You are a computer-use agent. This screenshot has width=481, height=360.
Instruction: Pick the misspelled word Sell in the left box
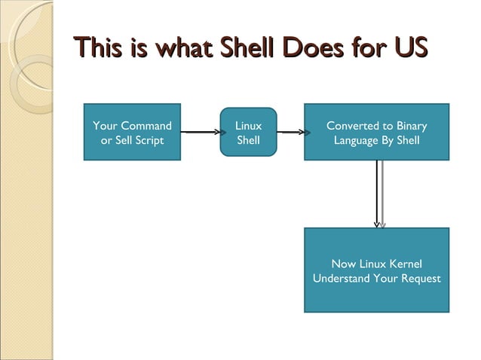click(x=120, y=140)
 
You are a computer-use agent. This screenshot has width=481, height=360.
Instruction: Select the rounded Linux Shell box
click(x=248, y=132)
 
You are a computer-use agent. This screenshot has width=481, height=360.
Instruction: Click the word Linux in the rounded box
click(x=248, y=126)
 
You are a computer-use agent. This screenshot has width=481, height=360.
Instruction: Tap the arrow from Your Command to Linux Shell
click(x=200, y=132)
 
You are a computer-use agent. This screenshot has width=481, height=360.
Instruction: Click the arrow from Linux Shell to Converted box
click(x=290, y=132)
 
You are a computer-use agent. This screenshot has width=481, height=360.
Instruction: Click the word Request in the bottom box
click(x=419, y=279)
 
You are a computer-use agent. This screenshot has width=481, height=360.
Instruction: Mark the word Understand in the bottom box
click(x=340, y=279)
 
